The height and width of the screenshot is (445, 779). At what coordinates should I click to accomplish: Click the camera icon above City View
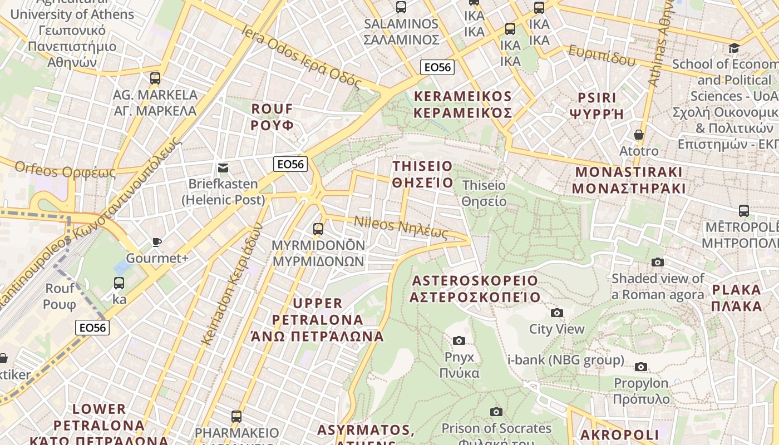[x=556, y=313]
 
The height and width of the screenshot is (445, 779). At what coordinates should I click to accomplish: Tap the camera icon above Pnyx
[x=459, y=340]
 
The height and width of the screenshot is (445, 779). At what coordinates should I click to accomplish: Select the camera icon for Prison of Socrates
[x=496, y=412]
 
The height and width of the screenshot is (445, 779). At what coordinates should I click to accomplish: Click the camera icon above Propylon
[x=641, y=367]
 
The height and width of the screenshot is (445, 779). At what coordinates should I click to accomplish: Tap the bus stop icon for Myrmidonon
[x=318, y=229]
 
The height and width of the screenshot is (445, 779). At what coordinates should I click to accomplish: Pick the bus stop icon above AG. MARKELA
[x=155, y=78]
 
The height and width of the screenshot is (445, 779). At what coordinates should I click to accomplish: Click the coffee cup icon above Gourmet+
[x=157, y=242]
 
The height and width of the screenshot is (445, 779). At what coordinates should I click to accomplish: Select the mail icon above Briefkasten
[x=223, y=167]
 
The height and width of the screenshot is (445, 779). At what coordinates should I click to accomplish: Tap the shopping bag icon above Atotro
[x=639, y=135]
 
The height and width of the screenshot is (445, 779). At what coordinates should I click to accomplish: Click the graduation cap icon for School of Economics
[x=734, y=48]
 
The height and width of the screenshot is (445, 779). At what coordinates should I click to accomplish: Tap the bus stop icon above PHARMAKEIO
[x=236, y=416]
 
